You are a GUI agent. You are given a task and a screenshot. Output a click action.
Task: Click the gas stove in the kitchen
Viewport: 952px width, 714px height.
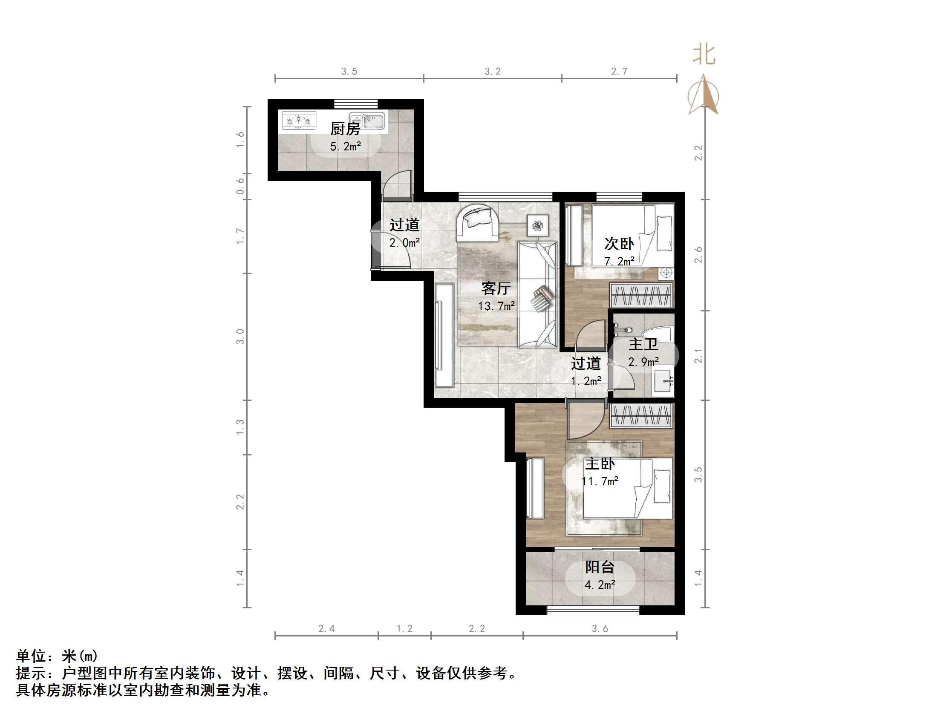pyautogui.click(x=299, y=121)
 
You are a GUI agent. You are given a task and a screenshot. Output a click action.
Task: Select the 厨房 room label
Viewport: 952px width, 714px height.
pyautogui.click(x=345, y=129)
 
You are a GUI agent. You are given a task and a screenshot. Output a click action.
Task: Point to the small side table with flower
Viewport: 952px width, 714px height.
pyautogui.click(x=537, y=225)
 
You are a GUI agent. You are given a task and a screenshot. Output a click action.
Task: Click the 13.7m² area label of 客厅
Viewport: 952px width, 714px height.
pyautogui.click(x=496, y=306)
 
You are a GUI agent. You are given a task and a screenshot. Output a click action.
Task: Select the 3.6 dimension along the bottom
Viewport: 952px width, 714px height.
pyautogui.click(x=600, y=629)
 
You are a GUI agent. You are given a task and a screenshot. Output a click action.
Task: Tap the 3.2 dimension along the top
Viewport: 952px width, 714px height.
pyautogui.click(x=492, y=72)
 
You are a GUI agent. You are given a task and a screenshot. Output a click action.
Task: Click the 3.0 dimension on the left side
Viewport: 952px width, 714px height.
pyautogui.click(x=240, y=336)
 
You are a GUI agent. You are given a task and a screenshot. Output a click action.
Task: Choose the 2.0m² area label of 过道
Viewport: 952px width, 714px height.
pyautogui.click(x=404, y=243)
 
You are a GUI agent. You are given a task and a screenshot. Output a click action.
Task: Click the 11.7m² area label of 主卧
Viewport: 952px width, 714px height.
pyautogui.click(x=600, y=481)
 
